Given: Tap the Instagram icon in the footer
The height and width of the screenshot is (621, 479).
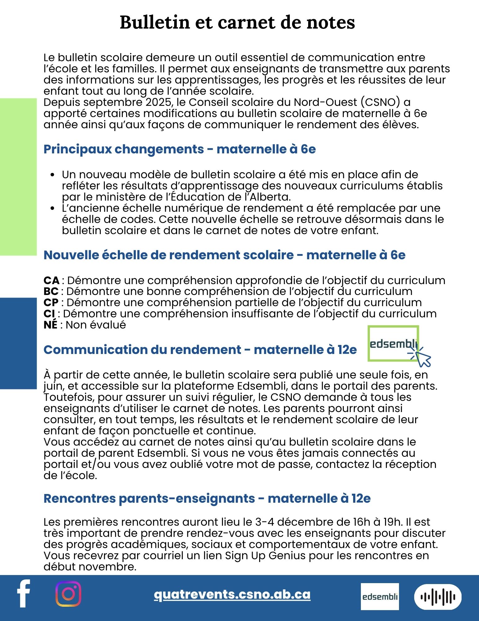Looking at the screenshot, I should point(68,594).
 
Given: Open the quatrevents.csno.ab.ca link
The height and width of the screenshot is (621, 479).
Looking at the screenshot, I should point(232,594).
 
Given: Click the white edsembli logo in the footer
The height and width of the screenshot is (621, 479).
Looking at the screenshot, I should point(380,596).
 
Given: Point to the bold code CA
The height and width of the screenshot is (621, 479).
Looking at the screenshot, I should point(51,280).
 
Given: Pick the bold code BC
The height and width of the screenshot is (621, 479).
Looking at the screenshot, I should point(51,291).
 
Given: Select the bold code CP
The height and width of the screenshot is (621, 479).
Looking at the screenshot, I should point(51,302).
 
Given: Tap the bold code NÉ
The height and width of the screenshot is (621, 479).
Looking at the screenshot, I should point(51,325).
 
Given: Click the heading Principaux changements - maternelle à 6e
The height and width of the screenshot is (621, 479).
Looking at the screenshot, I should point(180,149).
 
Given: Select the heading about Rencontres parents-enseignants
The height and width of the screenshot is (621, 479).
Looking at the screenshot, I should point(207,498).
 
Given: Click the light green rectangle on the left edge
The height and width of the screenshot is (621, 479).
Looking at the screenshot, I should point(18,177).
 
